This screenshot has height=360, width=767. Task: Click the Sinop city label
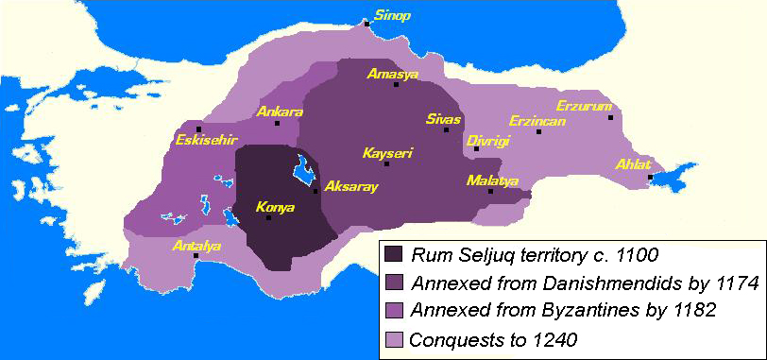point(393,15)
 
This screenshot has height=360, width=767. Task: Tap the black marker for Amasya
point(396,85)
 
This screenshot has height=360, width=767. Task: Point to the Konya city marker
point(268,218)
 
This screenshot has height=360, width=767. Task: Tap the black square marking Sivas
point(446,130)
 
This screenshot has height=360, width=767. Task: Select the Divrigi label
point(488,140)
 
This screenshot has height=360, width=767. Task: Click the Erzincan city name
point(537,121)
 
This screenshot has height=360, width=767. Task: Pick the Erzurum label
point(584,105)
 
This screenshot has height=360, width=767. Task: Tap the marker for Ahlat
point(650,178)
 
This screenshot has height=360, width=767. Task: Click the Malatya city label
point(492,180)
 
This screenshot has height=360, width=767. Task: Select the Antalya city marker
point(196,255)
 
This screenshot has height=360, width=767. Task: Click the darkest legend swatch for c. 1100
point(393,254)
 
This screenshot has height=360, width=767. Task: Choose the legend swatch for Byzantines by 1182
point(393,309)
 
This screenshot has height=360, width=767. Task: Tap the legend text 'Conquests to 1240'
point(490,337)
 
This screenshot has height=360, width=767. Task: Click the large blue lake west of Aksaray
point(304,171)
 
